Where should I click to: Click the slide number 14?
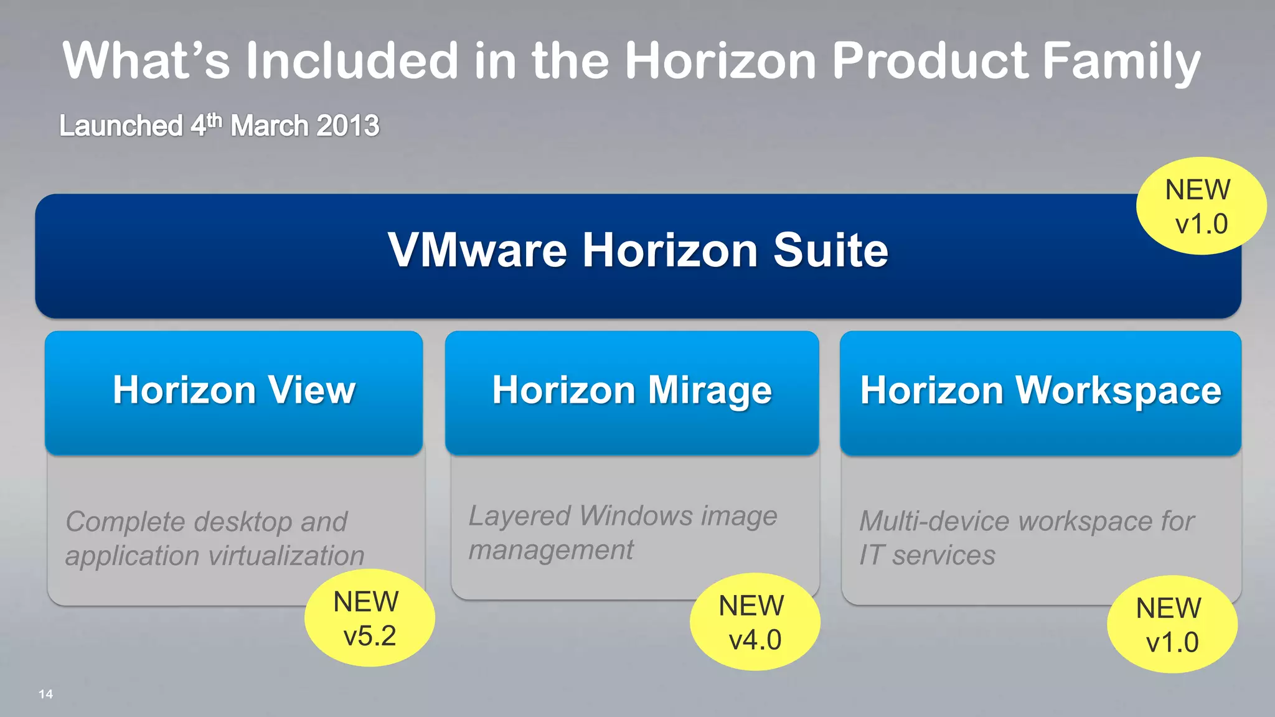[x=45, y=694]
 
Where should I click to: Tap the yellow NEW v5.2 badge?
[x=369, y=618]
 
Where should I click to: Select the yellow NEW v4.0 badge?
[x=755, y=622]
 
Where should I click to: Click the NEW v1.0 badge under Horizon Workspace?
[x=1172, y=624]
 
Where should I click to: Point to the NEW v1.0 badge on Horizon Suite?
[x=1200, y=206]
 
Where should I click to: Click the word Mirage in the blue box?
[x=710, y=390]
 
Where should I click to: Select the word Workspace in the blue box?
[x=1118, y=390]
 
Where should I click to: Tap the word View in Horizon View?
[x=312, y=390]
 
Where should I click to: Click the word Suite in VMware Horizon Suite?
[x=830, y=250]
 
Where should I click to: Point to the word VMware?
[x=478, y=250]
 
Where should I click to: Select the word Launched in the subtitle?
[x=121, y=126]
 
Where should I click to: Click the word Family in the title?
[x=1121, y=61]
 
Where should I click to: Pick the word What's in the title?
[x=146, y=61]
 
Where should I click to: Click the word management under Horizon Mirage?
[x=551, y=550]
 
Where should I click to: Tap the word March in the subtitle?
[x=270, y=126]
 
